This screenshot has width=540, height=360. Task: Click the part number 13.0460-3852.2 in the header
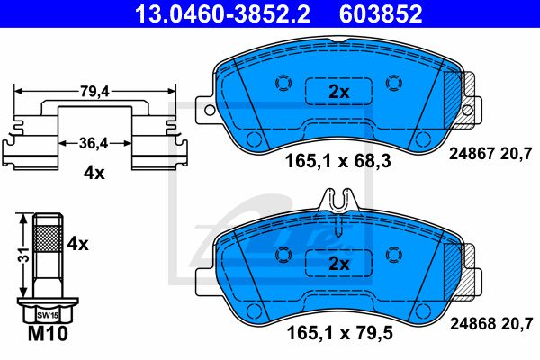[222, 13]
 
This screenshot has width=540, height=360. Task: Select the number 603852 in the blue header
[381, 13]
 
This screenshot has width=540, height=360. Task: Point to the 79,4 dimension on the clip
[94, 92]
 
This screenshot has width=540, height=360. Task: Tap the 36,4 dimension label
[94, 143]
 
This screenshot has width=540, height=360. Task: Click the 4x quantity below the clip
[94, 173]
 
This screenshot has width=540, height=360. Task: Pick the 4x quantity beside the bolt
[77, 244]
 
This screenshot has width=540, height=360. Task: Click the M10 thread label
[48, 333]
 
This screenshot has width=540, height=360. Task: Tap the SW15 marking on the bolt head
[48, 315]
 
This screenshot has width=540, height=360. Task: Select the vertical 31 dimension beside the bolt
[24, 255]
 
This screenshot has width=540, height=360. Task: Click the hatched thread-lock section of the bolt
[48, 238]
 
